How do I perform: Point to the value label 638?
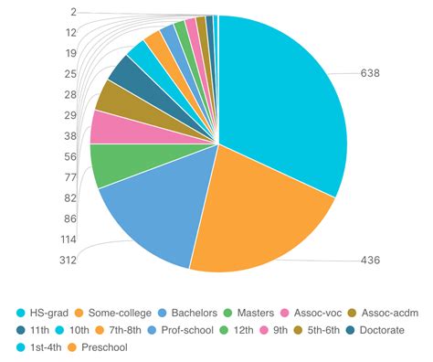coord(370,72)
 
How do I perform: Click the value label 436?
coord(370,260)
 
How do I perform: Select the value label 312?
coord(67,260)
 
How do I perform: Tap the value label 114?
coord(67,240)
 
